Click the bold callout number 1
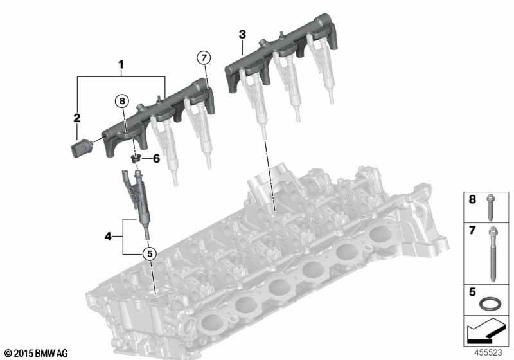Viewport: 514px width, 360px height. [121, 64]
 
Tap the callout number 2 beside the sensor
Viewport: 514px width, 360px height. [76, 118]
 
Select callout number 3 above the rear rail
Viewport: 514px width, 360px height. [242, 35]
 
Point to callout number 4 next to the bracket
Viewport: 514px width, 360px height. [108, 236]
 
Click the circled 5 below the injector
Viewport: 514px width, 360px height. [150, 253]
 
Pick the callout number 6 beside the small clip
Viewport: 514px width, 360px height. [156, 159]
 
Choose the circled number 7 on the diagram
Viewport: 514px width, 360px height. [204, 58]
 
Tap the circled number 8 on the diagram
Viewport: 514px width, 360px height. [122, 101]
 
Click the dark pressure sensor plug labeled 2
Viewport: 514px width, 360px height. [82, 148]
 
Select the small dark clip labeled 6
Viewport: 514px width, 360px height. [135, 159]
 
